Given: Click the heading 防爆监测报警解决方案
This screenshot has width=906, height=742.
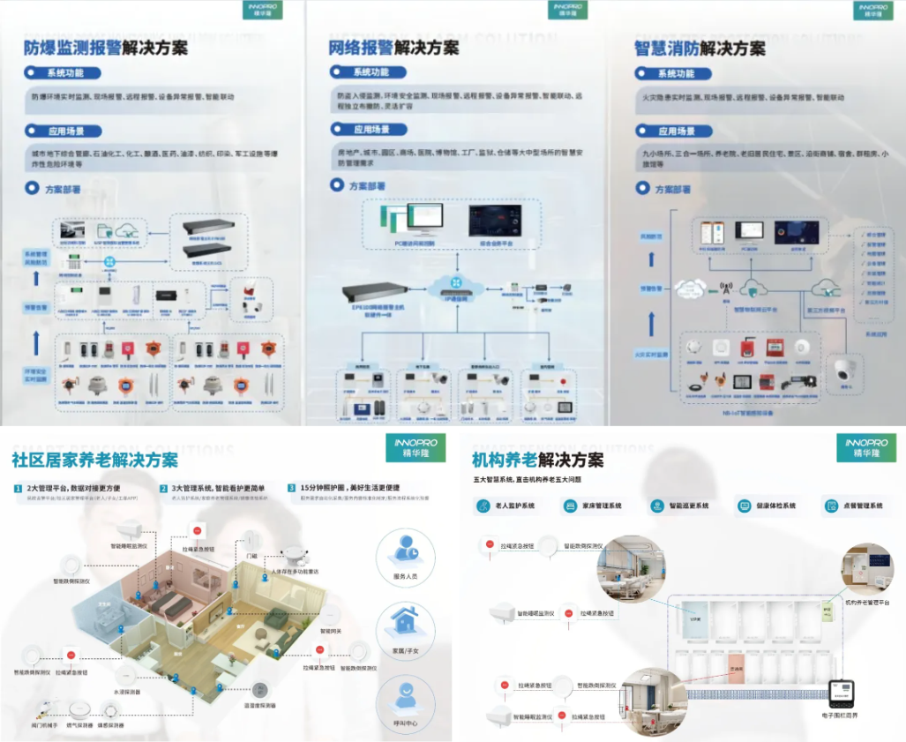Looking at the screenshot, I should click(105, 47).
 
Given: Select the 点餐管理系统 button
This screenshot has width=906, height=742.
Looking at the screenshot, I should click(853, 506).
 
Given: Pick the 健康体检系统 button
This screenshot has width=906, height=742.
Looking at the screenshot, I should click(767, 506).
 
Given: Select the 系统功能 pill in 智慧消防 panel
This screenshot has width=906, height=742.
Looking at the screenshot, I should click(671, 73).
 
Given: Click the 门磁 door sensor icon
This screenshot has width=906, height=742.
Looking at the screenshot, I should click(251, 539).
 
